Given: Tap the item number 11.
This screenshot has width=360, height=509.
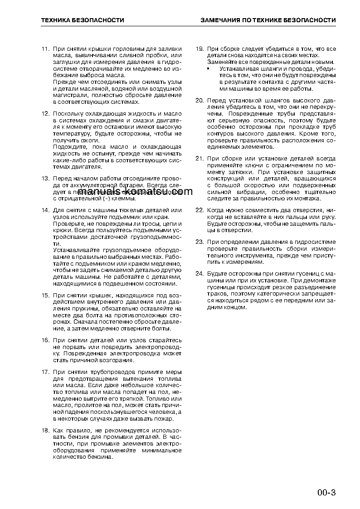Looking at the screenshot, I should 45,48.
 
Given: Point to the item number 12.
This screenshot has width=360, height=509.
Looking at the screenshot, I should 45,114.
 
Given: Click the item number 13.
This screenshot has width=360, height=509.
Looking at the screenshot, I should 45,179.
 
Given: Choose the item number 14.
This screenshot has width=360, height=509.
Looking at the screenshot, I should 45,210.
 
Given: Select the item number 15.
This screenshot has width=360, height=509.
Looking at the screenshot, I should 45,296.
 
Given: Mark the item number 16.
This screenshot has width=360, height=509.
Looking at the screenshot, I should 45,340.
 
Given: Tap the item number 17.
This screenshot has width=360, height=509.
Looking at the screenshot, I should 45,372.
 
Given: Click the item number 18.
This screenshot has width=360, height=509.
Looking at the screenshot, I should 45,430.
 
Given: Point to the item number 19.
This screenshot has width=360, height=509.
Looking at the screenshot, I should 199,48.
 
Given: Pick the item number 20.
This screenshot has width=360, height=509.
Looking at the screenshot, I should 199,100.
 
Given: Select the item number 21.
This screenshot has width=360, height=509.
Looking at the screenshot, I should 199,159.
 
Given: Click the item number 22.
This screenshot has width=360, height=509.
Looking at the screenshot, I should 199,210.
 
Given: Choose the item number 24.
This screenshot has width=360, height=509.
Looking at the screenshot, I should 199,273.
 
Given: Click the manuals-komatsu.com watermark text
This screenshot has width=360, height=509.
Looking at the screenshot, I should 136,192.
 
